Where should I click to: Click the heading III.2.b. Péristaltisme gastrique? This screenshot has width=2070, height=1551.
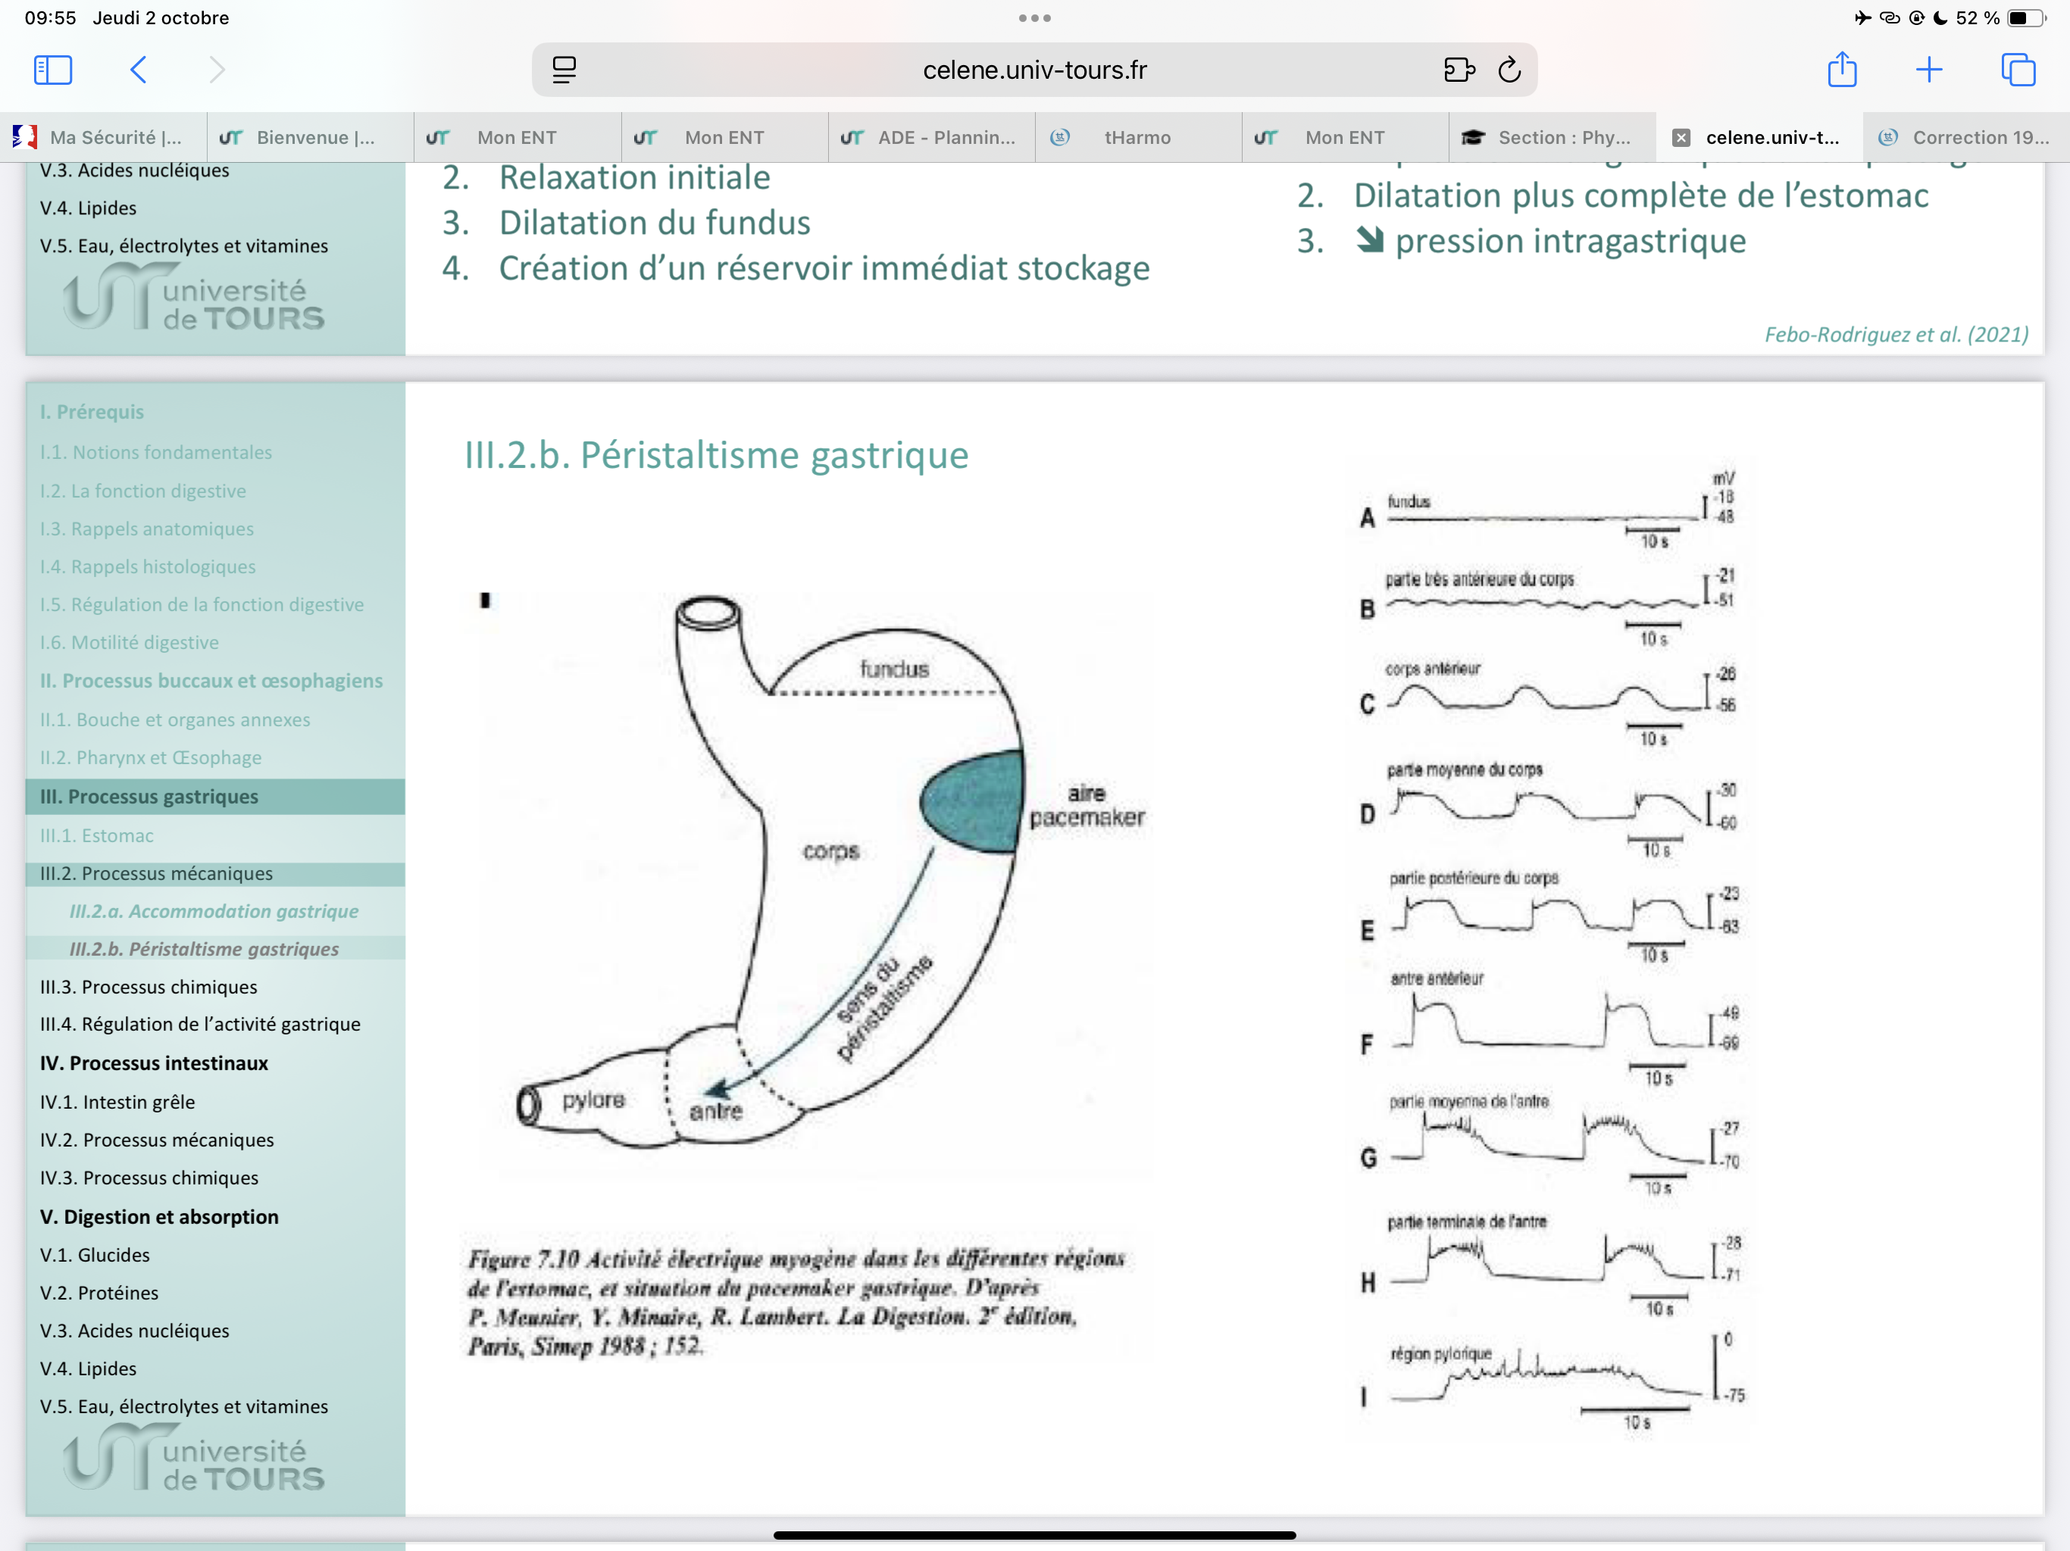[x=716, y=456]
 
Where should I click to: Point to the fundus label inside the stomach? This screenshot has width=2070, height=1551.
[x=895, y=669]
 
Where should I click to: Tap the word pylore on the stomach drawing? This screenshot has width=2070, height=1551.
[x=593, y=1100]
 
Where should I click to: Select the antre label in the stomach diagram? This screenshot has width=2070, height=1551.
[x=716, y=1111]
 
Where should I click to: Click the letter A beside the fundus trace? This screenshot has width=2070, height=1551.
[x=1367, y=518]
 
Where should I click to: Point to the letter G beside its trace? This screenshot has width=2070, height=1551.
[x=1368, y=1158]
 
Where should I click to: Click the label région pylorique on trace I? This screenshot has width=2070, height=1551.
[x=1440, y=1353]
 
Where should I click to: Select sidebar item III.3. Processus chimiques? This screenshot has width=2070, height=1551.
[x=149, y=987]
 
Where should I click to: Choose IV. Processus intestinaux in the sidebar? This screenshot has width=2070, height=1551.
[x=155, y=1063]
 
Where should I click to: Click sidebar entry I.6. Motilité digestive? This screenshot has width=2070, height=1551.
[x=129, y=643]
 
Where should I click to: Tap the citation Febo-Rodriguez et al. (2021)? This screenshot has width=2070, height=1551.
[x=1896, y=335]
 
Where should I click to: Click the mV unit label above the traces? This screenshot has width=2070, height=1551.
[x=1723, y=479]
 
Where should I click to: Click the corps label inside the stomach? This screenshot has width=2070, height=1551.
[x=831, y=851]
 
